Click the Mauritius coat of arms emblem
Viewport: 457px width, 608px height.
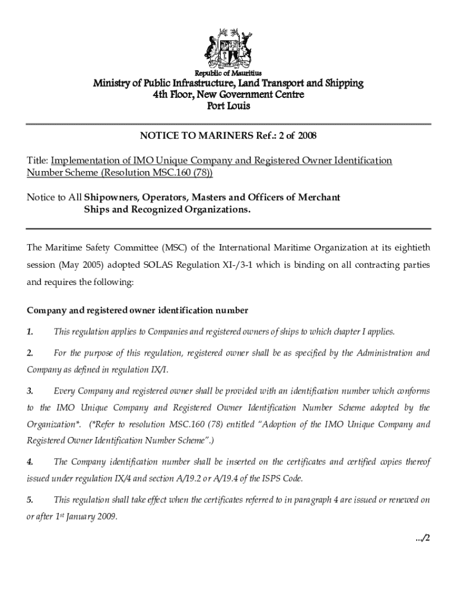(228, 47)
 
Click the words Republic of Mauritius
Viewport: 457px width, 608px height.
(228, 73)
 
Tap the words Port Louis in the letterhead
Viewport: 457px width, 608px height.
(228, 106)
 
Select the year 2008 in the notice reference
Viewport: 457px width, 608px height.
(306, 136)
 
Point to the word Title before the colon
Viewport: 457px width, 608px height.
(37, 161)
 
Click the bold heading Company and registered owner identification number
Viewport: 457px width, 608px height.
(137, 310)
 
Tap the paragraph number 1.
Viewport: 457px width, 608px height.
(30, 331)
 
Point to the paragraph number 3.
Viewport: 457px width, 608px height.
(30, 391)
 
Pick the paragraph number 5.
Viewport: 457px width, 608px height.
(30, 500)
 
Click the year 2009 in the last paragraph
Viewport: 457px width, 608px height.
(104, 516)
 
